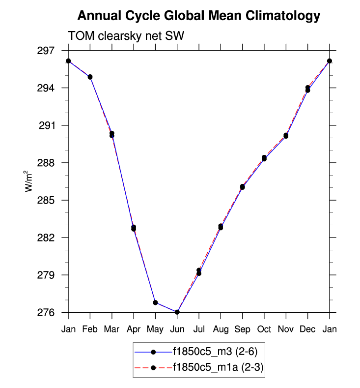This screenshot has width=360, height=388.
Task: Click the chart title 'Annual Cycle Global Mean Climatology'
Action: [199, 16]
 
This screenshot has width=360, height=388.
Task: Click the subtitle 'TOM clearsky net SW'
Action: [126, 35]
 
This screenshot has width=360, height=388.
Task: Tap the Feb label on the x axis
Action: [90, 329]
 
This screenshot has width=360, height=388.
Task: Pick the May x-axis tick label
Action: [155, 329]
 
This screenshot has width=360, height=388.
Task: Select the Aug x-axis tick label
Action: [221, 329]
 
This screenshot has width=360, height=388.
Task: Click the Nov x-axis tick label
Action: [286, 329]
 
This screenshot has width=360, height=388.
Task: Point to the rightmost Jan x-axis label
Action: [330, 329]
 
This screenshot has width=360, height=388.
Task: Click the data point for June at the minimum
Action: [177, 312]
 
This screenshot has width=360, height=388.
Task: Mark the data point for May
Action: [155, 302]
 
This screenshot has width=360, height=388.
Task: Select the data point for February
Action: [90, 77]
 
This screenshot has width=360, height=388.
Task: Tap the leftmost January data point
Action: [68, 61]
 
